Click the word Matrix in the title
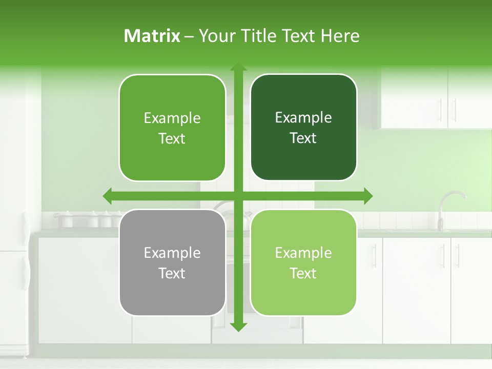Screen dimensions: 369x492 (x=152, y=36)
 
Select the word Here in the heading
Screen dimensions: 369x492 (x=340, y=36)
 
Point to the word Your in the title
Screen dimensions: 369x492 (x=215, y=36)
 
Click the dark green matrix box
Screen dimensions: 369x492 (x=303, y=128)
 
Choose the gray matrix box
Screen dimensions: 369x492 (x=172, y=262)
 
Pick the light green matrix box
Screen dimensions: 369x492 (x=303, y=262)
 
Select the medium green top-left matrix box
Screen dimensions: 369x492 (x=172, y=128)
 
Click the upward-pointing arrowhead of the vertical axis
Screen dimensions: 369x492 (x=238, y=67)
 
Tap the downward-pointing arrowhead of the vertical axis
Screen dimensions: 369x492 (x=238, y=326)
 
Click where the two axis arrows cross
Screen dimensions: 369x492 (x=238, y=196)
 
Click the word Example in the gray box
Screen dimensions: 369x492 (x=172, y=253)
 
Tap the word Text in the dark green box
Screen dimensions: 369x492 (x=303, y=138)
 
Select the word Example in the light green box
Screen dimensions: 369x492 (x=303, y=253)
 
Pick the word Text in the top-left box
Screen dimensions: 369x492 (x=172, y=139)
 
